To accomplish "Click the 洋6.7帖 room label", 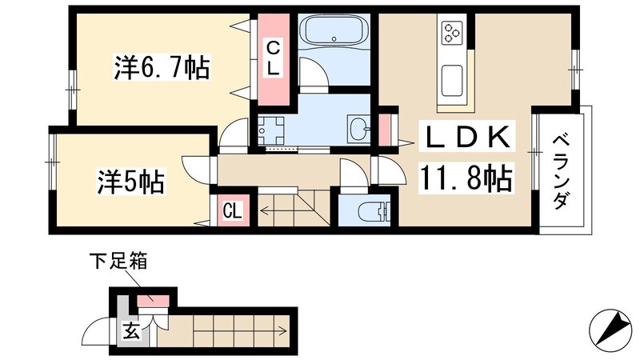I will (x=161, y=68).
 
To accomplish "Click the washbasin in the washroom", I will (x=359, y=126).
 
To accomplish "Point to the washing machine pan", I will (x=273, y=129).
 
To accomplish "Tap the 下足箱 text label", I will (x=118, y=262).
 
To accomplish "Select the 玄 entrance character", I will (x=130, y=331).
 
